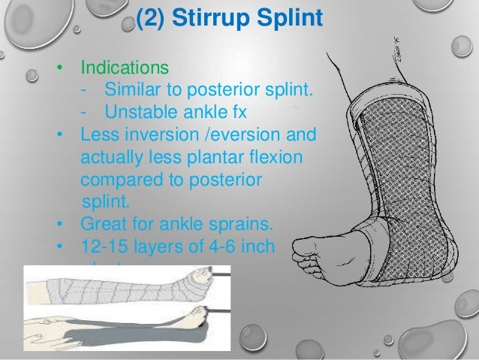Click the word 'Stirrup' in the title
[x=218, y=19]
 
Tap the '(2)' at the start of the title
[x=149, y=19]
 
